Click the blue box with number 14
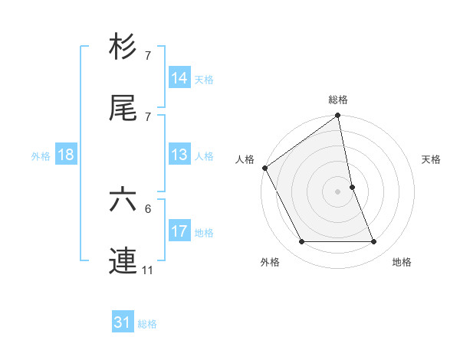tap(179, 78)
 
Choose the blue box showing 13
tap(179, 155)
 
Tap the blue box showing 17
tap(179, 231)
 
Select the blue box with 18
tap(66, 155)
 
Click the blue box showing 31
tap(123, 323)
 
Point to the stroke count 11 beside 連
tap(148, 270)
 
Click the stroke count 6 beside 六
tap(148, 208)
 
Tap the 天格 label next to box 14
tap(204, 79)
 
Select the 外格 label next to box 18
tap(41, 155)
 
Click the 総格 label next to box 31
tap(147, 324)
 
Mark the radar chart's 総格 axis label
tap(338, 100)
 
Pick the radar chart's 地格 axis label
tap(402, 262)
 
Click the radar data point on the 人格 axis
tap(264, 168)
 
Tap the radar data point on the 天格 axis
tap(352, 187)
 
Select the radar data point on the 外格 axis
tap(302, 242)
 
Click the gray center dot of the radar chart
tap(338, 191)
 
